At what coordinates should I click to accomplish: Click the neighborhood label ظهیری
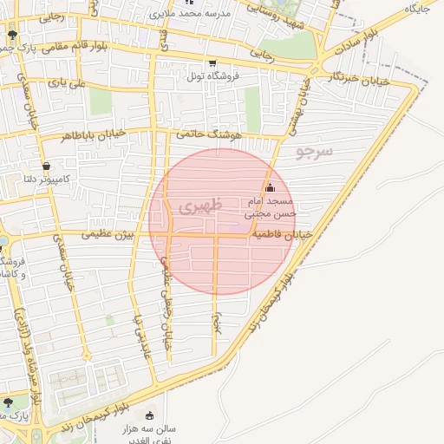pyautogui.click(x=200, y=206)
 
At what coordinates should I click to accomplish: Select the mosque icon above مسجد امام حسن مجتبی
pyautogui.click(x=270, y=187)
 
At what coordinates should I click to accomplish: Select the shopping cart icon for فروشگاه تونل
pyautogui.click(x=212, y=62)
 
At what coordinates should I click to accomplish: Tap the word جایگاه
pyautogui.click(x=418, y=9)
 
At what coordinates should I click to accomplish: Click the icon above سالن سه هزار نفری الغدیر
pyautogui.click(x=151, y=415)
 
